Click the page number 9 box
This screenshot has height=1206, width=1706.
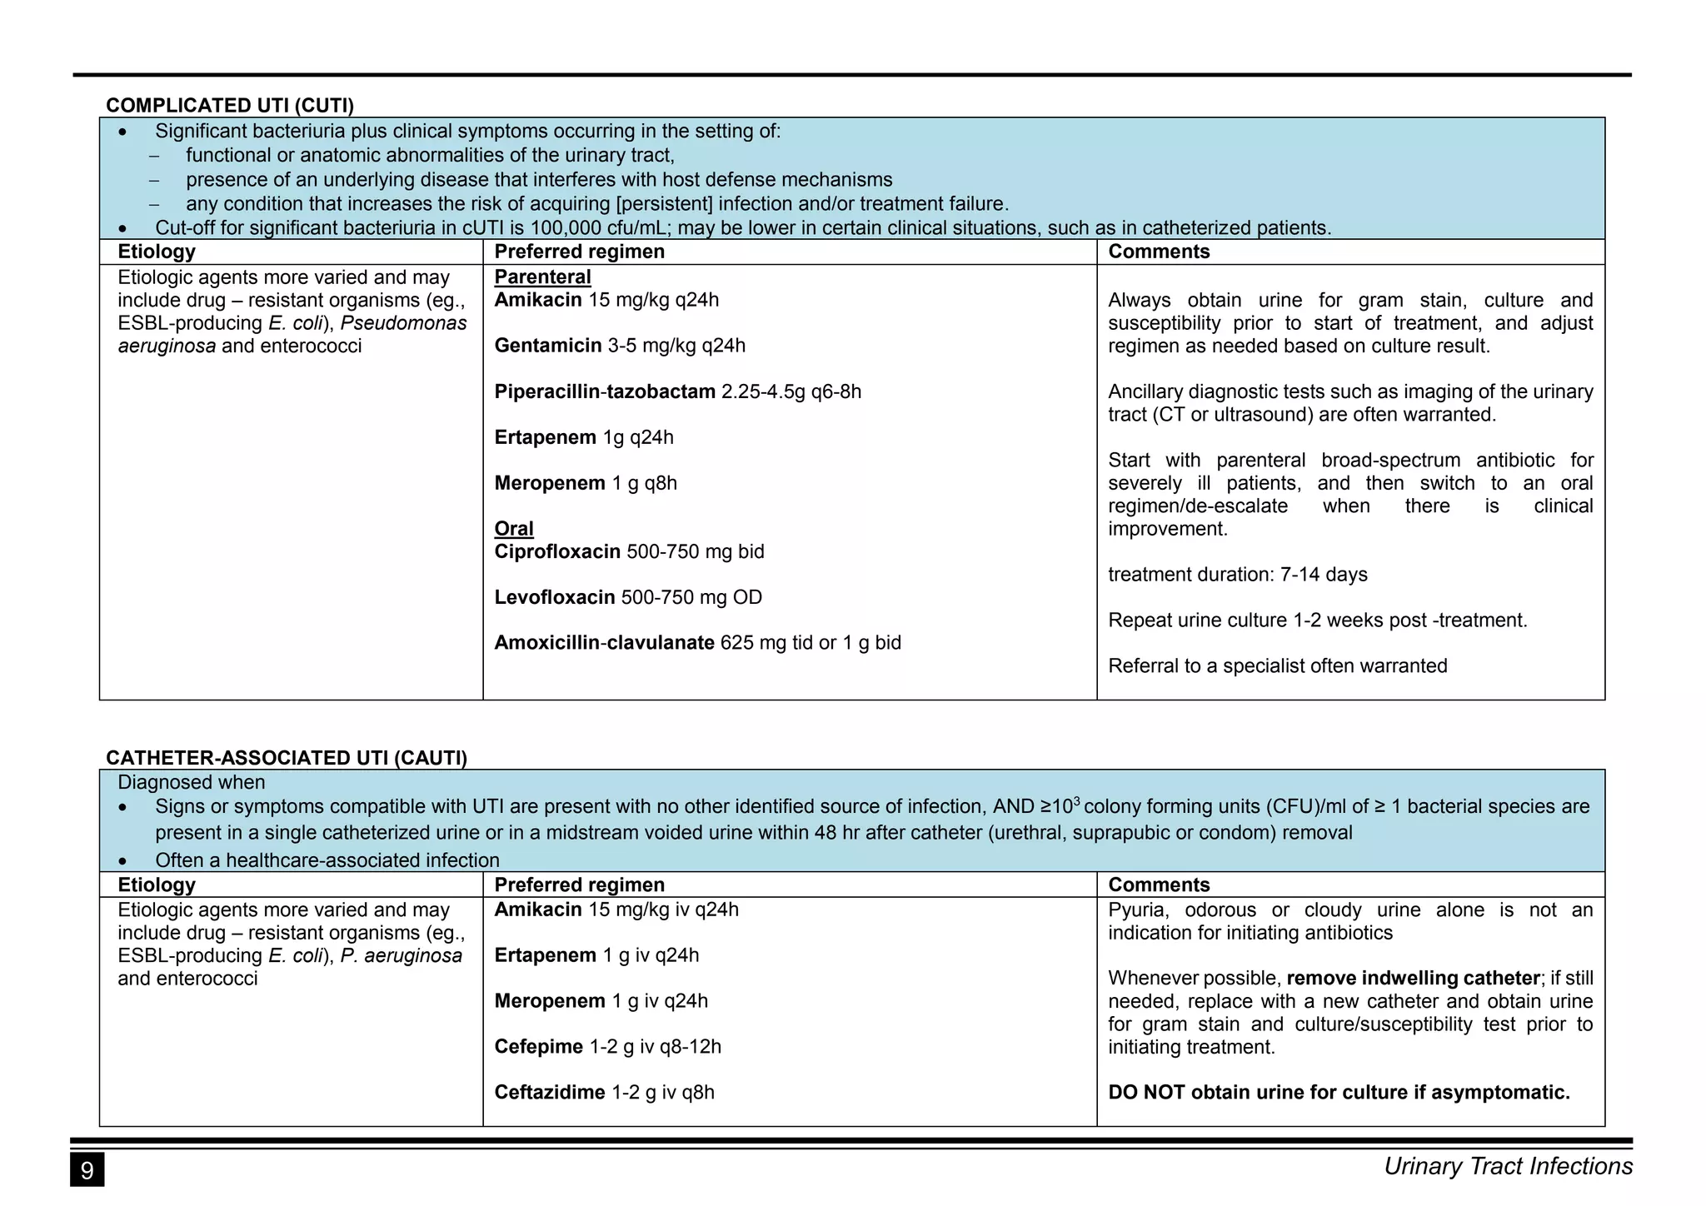tap(87, 1170)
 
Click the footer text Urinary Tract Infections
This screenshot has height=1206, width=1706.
tap(1508, 1166)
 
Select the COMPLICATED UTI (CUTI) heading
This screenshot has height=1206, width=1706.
tap(230, 106)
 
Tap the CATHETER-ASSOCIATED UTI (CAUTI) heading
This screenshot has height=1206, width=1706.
tap(286, 758)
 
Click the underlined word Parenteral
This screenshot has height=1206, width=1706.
tap(542, 277)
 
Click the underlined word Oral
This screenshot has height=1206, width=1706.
tap(514, 529)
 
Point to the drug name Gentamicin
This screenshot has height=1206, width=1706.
tap(547, 346)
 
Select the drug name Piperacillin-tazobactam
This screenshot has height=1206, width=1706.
tap(605, 391)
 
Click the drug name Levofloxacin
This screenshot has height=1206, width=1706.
tap(554, 597)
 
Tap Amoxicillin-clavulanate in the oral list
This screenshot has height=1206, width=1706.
tap(604, 643)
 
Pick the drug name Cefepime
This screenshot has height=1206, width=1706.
tap(538, 1047)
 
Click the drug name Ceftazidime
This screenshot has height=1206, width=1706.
tap(549, 1093)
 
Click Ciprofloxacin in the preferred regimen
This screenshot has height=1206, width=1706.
tap(557, 552)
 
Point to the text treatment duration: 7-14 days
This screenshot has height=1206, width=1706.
tap(1237, 575)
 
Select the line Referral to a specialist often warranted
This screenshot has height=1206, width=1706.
tap(1277, 666)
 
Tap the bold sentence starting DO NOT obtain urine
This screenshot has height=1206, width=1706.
tap(1339, 1093)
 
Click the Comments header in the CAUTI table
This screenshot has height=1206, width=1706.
tap(1159, 885)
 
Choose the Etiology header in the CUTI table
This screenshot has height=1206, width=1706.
tap(157, 252)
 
